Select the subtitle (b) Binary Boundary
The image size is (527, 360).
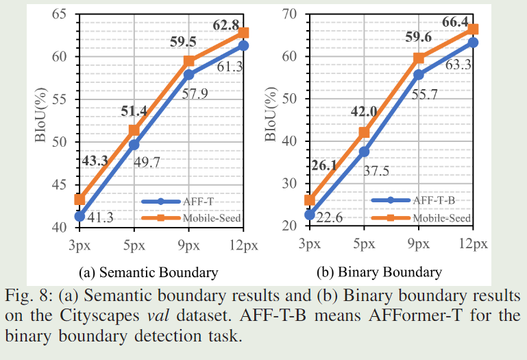click(379, 272)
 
